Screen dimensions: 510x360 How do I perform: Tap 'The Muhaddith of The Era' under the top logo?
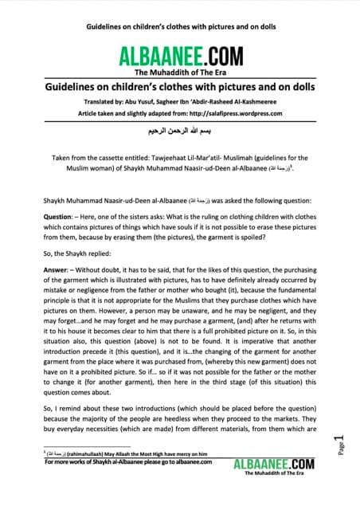click(x=179, y=71)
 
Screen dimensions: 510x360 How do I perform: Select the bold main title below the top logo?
click(x=179, y=86)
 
